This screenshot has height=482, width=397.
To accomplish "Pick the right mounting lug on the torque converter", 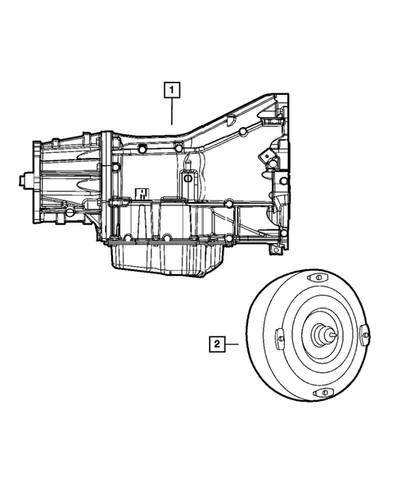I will tap(365, 335).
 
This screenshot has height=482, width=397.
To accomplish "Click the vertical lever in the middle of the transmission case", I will tap(187, 184).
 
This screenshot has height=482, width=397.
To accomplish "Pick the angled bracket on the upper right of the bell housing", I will tap(266, 155).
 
